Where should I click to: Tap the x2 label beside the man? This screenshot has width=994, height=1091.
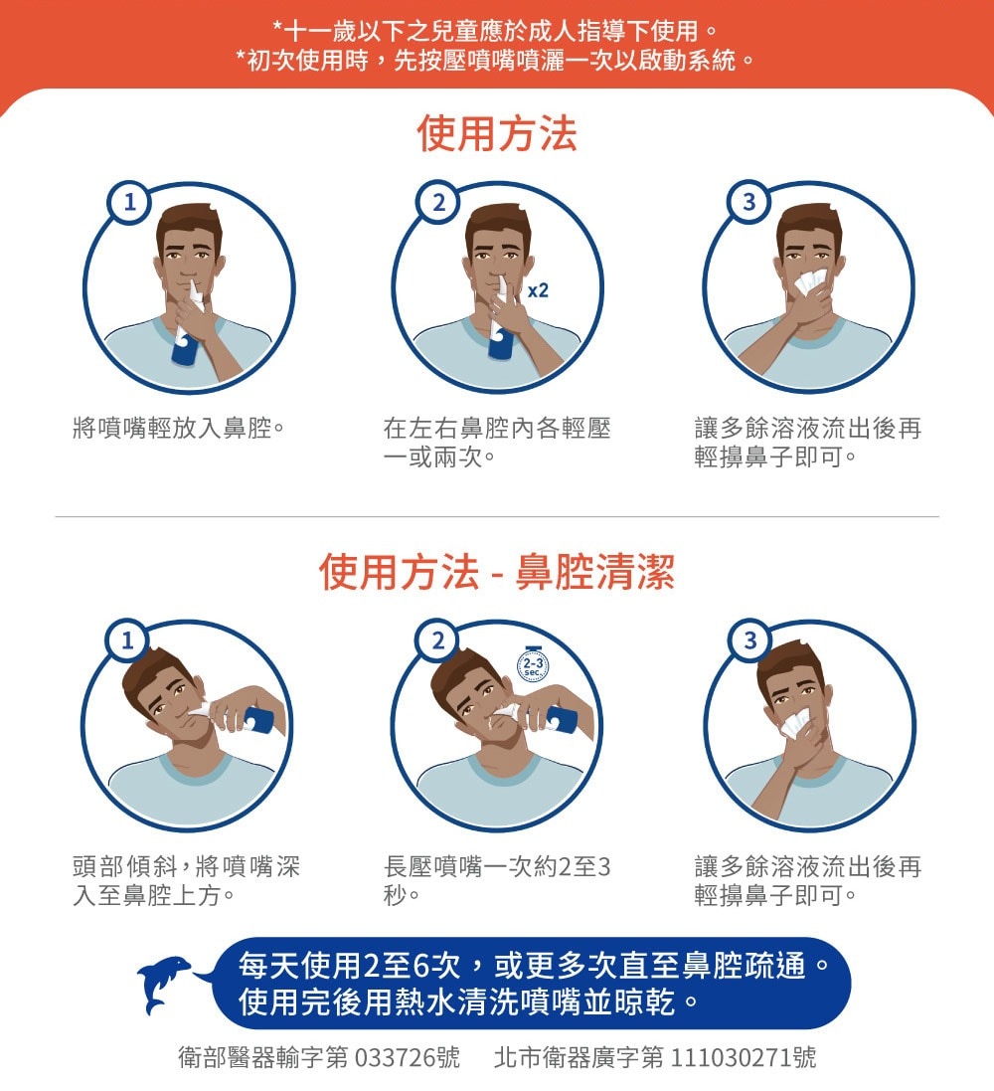(x=538, y=290)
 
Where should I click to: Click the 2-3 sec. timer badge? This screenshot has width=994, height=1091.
(x=534, y=665)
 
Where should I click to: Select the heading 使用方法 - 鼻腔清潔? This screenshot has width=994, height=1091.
(x=496, y=573)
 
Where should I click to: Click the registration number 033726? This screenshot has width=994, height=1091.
(x=395, y=1057)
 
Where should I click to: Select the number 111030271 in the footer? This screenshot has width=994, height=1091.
(x=731, y=1057)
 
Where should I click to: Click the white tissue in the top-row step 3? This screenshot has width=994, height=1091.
(x=810, y=282)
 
